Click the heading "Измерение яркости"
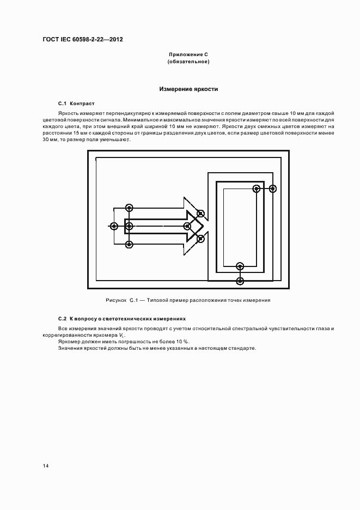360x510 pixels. (x=188, y=89)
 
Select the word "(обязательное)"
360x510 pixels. (x=188, y=62)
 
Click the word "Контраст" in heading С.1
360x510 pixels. (x=82, y=103)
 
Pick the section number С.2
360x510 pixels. (x=62, y=318)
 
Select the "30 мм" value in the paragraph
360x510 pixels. (x=49, y=140)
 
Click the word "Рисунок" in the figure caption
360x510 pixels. (x=115, y=300)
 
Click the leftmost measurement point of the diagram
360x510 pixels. (x=113, y=226)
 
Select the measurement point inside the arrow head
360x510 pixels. (x=187, y=226)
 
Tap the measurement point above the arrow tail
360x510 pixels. (x=129, y=208)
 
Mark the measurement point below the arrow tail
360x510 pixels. (x=129, y=244)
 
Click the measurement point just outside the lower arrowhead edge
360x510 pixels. (x=200, y=238)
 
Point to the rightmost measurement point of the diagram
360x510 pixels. (x=273, y=189)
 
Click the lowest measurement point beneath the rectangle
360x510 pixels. (x=240, y=280)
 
